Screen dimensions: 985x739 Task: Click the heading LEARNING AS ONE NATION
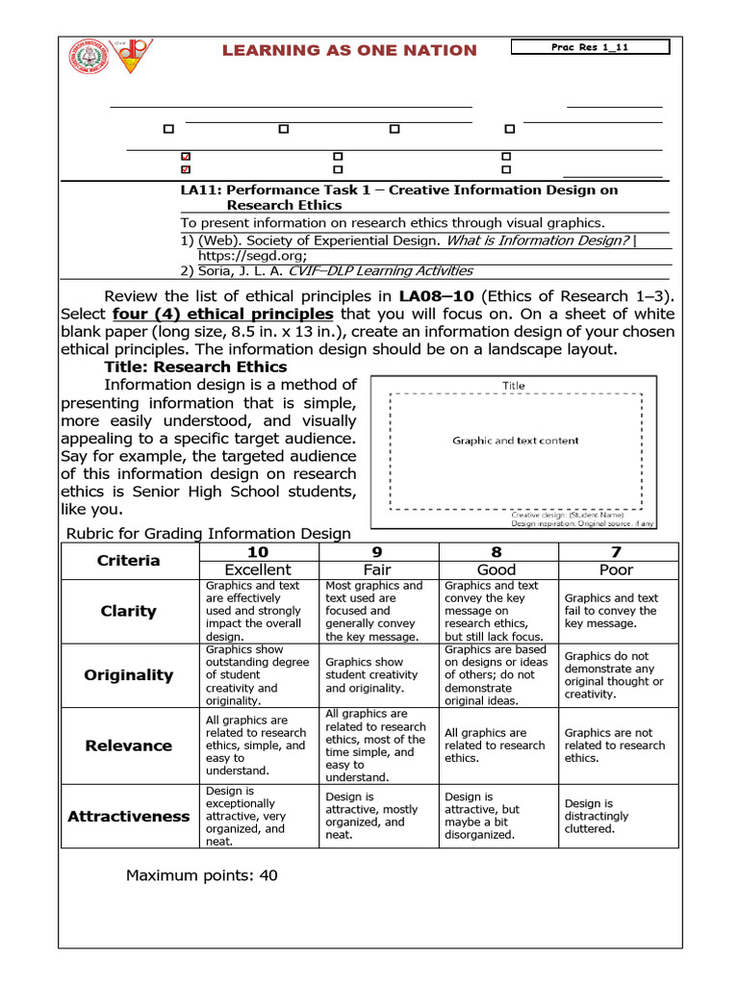(349, 50)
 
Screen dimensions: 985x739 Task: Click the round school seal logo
(89, 58)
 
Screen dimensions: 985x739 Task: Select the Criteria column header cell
(129, 560)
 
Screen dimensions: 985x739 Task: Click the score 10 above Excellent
(258, 551)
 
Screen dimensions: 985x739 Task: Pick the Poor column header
(616, 569)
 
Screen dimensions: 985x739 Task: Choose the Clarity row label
(129, 611)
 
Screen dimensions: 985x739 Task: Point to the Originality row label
(129, 675)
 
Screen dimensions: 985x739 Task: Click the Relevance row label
(129, 745)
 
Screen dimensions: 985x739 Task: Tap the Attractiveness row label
(129, 816)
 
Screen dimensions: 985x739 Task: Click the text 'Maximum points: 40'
(202, 875)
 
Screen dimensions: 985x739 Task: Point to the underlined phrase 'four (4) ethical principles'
(223, 315)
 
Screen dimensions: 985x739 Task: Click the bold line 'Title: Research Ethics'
(195, 366)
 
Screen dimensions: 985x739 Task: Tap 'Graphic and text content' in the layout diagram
(516, 441)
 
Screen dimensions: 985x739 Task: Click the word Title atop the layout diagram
(514, 386)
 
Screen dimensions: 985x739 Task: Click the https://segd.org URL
(252, 256)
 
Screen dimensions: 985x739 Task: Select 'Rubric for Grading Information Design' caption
(208, 534)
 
